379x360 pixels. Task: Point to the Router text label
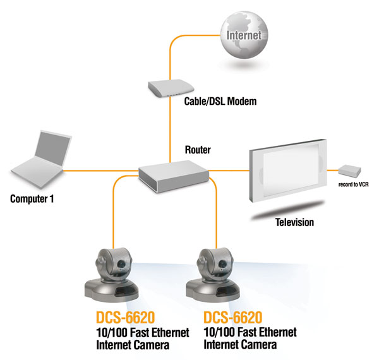pos(198,150)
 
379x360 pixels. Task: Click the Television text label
pos(294,222)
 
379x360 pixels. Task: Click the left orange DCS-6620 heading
pos(118,318)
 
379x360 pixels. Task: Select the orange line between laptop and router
pos(101,169)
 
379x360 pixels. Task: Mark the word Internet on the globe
pos(243,35)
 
